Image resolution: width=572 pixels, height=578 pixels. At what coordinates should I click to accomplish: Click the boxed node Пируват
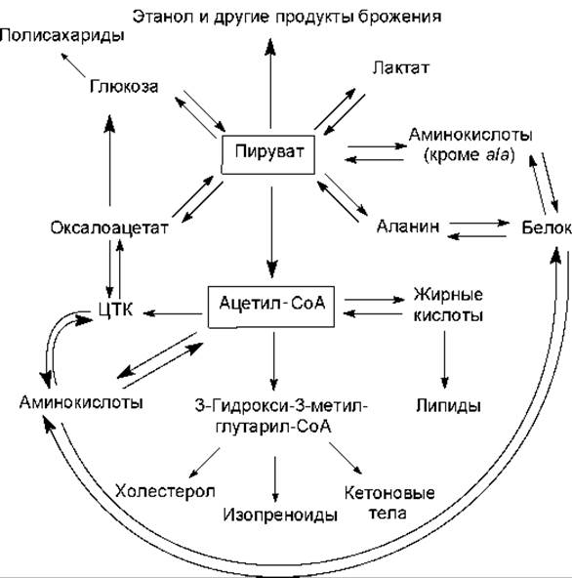click(267, 154)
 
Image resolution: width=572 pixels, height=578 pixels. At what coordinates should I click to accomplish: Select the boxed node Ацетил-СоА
click(271, 307)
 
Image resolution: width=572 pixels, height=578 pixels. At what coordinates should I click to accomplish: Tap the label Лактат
click(400, 67)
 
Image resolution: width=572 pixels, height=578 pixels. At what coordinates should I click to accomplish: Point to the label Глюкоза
click(124, 87)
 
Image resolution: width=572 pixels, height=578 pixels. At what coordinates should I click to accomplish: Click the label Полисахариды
click(61, 36)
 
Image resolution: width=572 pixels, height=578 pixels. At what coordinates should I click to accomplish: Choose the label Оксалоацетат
click(109, 227)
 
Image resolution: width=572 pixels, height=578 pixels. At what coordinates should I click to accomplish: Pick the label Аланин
click(408, 226)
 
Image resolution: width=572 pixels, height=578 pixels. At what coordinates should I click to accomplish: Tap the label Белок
click(547, 227)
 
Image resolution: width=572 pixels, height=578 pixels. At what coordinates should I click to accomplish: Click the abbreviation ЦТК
click(116, 309)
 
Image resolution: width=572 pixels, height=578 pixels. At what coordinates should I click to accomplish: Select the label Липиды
click(449, 405)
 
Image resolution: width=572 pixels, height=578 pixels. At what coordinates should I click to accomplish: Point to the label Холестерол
click(165, 491)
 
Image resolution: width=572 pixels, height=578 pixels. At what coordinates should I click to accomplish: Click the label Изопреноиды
click(280, 515)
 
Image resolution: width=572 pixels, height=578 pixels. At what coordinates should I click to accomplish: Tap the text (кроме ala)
click(469, 155)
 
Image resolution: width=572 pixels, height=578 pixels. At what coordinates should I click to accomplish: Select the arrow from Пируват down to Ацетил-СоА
click(271, 232)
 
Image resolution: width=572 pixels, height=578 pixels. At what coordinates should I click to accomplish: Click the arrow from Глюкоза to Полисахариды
click(73, 64)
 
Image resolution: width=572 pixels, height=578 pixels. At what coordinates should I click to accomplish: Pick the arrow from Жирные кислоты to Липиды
click(444, 360)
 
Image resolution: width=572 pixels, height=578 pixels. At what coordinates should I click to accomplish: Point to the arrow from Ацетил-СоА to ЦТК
click(173, 313)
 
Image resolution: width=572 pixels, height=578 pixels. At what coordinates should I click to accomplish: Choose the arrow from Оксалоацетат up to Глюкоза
click(109, 160)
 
